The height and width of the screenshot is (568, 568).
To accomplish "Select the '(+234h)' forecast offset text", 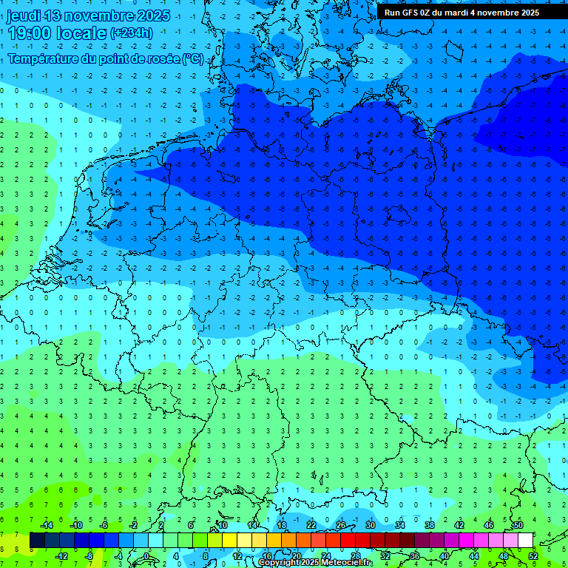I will [132, 33].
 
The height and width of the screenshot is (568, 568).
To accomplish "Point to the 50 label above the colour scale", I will [518, 525].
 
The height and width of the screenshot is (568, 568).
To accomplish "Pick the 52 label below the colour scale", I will [532, 556].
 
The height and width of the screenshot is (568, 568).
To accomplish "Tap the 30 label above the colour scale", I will [370, 525].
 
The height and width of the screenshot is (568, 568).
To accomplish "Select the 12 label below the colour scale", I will [237, 556].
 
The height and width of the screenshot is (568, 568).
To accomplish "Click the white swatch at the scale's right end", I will [525, 541].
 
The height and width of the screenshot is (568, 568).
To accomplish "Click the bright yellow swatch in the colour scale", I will [229, 541].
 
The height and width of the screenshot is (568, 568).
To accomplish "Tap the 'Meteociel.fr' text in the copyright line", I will [347, 563].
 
